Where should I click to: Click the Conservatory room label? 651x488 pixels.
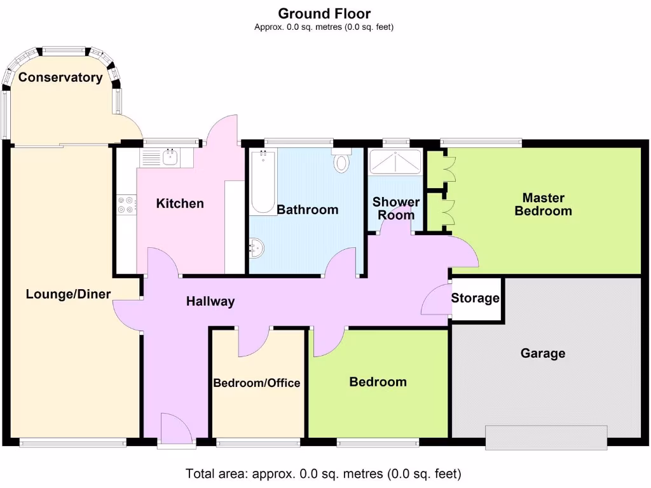pyautogui.click(x=60, y=78)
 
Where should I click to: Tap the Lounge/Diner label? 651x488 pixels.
pyautogui.click(x=68, y=294)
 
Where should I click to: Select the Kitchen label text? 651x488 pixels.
pyautogui.click(x=180, y=203)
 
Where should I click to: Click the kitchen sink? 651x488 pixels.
pyautogui.click(x=169, y=157)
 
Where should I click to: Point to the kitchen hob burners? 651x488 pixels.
pyautogui.click(x=126, y=205)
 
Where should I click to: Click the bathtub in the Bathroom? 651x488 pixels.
pyautogui.click(x=263, y=182)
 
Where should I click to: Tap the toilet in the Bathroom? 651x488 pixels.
pyautogui.click(x=342, y=161)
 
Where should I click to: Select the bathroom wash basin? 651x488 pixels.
pyautogui.click(x=256, y=248)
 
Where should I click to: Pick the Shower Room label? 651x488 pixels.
pyautogui.click(x=396, y=208)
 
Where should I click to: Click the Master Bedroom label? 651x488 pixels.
pyautogui.click(x=543, y=205)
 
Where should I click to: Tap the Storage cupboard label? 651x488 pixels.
pyautogui.click(x=475, y=298)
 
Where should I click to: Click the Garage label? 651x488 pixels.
pyautogui.click(x=542, y=353)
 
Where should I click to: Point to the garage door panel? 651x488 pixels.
pyautogui.click(x=546, y=437)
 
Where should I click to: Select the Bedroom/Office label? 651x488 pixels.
pyautogui.click(x=256, y=383)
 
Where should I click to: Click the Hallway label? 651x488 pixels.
pyautogui.click(x=210, y=302)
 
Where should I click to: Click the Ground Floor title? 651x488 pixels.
pyautogui.click(x=324, y=13)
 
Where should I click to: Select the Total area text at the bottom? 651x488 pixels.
pyautogui.click(x=324, y=473)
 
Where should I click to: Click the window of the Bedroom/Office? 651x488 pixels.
pyautogui.click(x=257, y=442)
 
